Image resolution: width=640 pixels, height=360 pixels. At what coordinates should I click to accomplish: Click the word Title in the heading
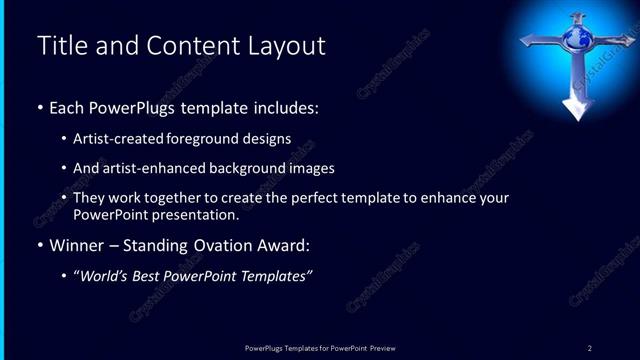(x=57, y=46)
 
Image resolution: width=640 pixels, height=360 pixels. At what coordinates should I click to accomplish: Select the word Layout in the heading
(x=289, y=46)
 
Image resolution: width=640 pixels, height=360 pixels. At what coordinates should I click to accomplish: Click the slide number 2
(x=590, y=347)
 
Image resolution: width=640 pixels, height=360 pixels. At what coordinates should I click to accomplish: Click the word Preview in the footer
(x=384, y=347)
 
